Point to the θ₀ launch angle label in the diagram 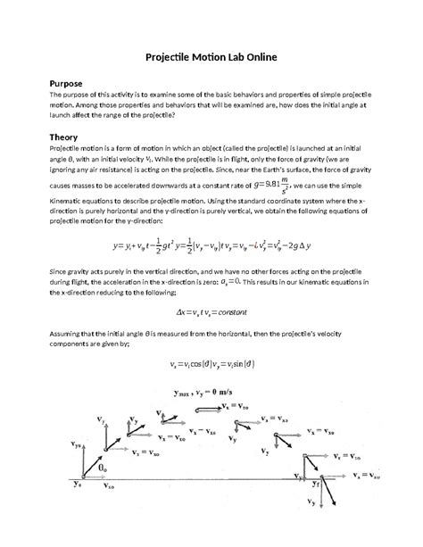click(104, 467)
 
